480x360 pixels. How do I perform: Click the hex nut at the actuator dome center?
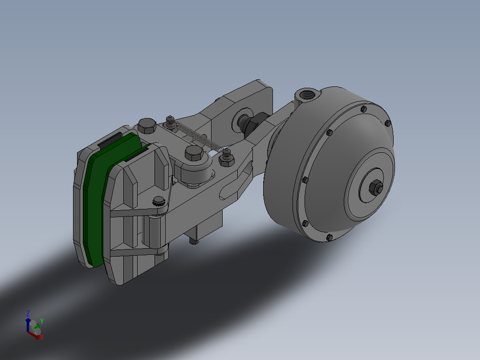click(x=376, y=188)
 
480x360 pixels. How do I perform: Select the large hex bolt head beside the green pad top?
click(x=147, y=126)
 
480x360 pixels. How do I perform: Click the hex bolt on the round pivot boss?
click(x=194, y=153)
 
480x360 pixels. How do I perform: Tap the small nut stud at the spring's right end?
click(x=227, y=157)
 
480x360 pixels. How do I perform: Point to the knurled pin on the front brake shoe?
click(x=159, y=201)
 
